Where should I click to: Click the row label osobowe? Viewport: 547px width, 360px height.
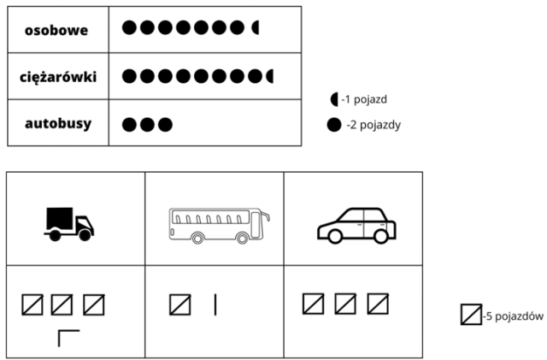tap(56, 31)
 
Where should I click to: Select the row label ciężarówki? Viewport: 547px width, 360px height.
tap(58, 77)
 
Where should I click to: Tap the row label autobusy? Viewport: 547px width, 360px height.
tap(58, 123)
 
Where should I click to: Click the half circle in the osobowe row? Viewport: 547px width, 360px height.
tap(256, 27)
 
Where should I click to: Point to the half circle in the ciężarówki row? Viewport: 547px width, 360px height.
tap(270, 76)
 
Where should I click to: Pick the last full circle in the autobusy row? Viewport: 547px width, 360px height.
tap(165, 125)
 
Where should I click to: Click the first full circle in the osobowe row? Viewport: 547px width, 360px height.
tap(129, 27)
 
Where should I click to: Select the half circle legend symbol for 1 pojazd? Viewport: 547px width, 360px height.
tap(334, 99)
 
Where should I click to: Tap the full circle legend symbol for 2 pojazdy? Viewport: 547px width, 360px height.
tap(334, 125)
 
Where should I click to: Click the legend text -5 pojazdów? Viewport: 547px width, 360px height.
tap(513, 316)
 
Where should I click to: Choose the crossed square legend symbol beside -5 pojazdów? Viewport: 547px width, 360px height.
tap(471, 315)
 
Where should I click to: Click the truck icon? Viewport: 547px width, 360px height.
tap(69, 224)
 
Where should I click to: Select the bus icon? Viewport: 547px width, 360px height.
tap(219, 226)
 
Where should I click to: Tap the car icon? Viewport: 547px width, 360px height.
tap(356, 226)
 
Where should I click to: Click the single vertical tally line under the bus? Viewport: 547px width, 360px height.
tap(215, 304)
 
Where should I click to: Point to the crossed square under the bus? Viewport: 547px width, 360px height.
tap(180, 304)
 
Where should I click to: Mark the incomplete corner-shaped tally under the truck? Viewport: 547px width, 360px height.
tap(68, 339)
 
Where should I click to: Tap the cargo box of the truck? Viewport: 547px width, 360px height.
tap(60, 219)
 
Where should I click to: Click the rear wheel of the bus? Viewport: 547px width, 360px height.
tap(197, 238)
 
